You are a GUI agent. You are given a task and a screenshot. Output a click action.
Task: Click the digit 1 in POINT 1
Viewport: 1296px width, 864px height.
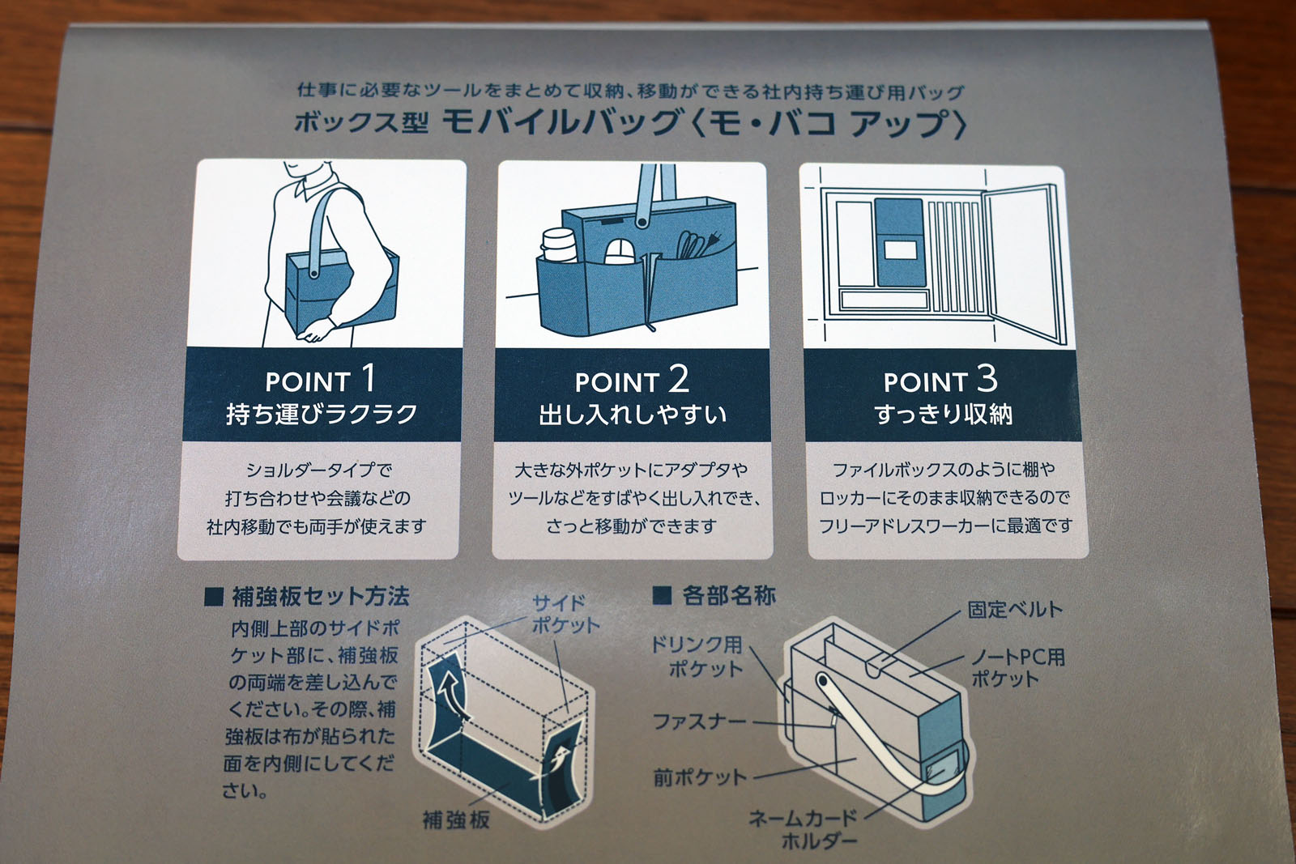tap(368, 378)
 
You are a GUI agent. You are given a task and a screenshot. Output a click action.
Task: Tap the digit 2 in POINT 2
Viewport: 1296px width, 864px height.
tap(677, 378)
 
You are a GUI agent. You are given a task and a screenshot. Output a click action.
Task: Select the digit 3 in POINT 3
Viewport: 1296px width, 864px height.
tap(986, 378)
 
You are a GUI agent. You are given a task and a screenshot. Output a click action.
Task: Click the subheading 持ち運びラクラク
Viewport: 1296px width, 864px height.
tap(322, 415)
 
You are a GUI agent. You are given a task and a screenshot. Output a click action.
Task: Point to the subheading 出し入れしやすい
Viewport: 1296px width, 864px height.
tap(633, 415)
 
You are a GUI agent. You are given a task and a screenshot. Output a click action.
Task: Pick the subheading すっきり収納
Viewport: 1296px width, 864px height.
tap(943, 415)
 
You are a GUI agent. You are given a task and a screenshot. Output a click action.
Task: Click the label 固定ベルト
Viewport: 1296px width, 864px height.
tap(1015, 609)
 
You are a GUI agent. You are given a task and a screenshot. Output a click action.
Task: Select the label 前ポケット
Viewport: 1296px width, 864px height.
tap(700, 778)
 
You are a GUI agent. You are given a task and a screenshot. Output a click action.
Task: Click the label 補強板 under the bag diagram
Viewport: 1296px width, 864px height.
tap(456, 819)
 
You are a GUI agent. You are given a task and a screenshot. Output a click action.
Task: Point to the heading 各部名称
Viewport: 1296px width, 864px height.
tap(728, 596)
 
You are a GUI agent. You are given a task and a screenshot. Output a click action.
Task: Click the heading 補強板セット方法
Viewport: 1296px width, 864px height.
tap(320, 597)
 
